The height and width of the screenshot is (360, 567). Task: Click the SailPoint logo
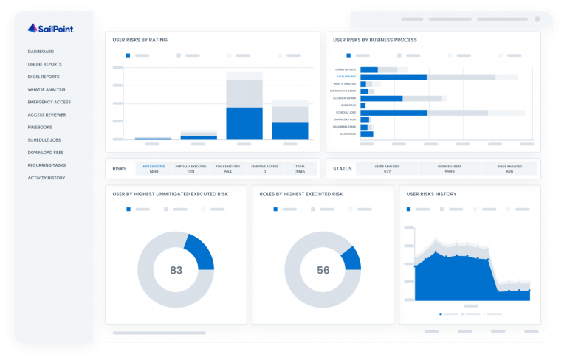tap(49, 29)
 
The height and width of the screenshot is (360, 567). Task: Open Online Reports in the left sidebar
tap(44, 64)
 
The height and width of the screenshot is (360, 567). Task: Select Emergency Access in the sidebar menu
tap(49, 102)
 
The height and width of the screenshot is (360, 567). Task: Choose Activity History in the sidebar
tap(46, 178)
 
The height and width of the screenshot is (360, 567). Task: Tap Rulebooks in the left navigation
tap(40, 127)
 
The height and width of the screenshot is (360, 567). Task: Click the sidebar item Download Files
tap(45, 153)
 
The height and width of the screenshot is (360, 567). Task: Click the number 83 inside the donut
tap(176, 271)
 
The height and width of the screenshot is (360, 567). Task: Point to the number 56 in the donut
tap(323, 271)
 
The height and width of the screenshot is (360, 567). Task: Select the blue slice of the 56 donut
tap(351, 258)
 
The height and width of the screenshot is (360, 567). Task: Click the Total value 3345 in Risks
tap(299, 171)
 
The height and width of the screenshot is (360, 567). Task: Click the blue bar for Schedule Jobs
tap(394, 112)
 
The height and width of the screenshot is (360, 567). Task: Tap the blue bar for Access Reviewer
tap(381, 98)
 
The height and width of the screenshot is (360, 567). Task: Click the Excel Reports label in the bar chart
tap(346, 77)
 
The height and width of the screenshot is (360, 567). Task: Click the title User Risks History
tap(431, 194)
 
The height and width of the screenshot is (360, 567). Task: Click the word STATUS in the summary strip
tap(342, 168)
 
